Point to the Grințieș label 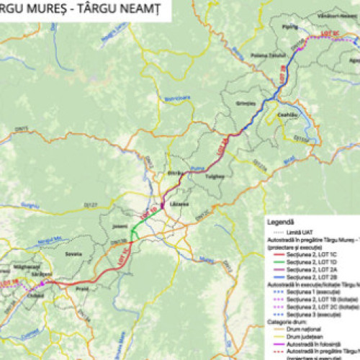(246, 103)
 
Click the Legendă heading (280, 213)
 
